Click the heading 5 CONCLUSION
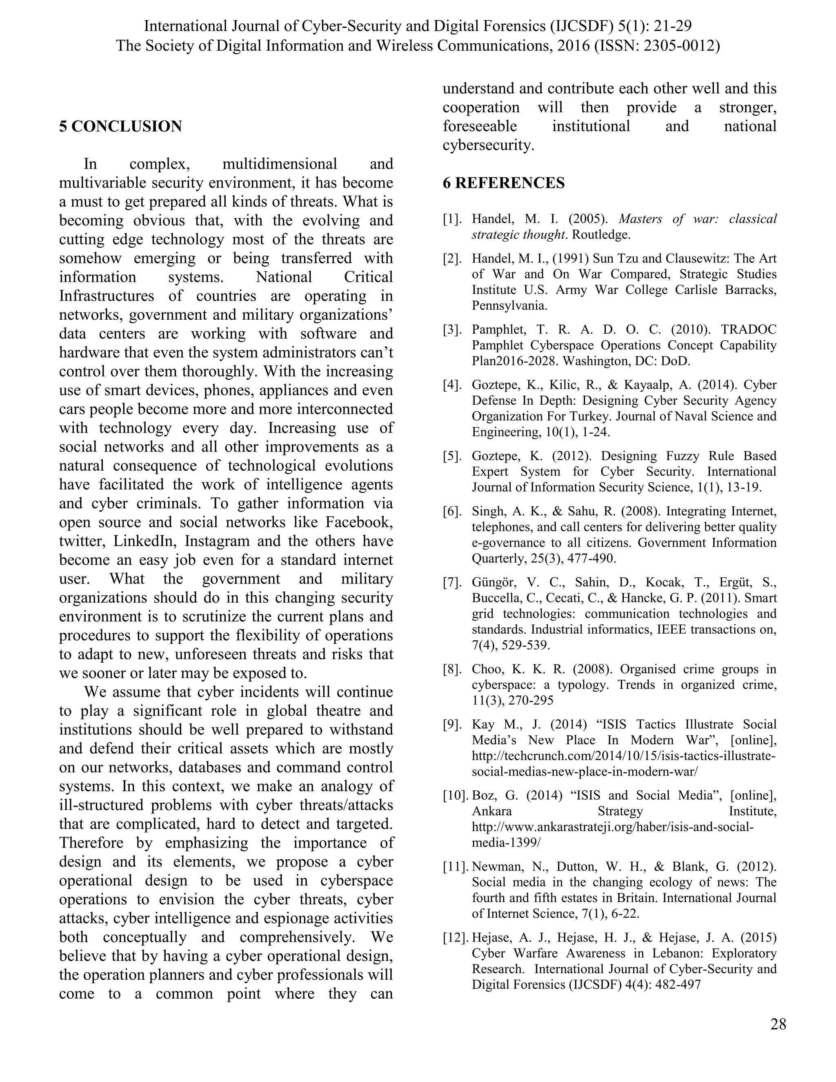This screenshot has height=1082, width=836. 120,126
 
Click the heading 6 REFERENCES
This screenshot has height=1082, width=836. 503,183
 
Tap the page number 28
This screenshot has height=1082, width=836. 778,1024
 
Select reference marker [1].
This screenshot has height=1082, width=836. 452,219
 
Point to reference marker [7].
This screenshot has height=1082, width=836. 452,582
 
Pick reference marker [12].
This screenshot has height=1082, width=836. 455,937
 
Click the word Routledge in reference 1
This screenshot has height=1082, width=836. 601,235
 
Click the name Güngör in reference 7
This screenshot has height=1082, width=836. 493,582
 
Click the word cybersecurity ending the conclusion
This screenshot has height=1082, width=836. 488,145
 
